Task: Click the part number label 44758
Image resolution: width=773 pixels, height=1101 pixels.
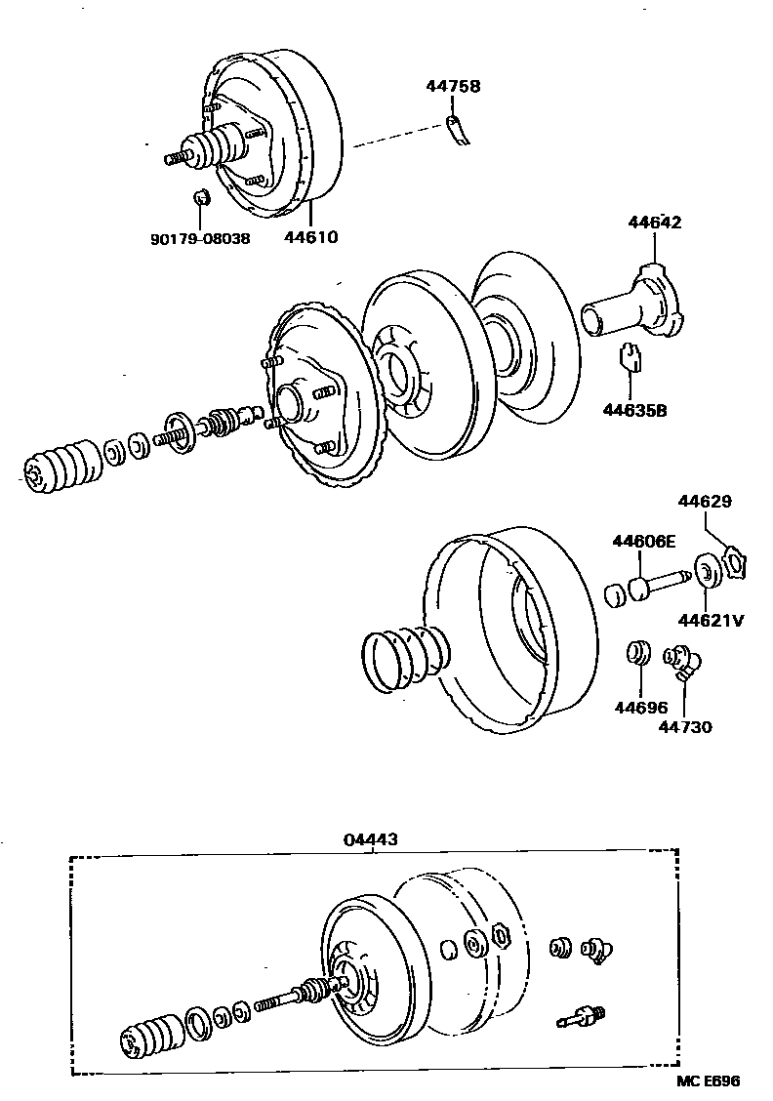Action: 452,87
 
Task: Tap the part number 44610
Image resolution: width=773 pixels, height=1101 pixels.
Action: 311,237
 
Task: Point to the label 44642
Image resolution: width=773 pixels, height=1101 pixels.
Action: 654,223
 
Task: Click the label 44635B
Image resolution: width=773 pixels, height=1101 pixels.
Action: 634,410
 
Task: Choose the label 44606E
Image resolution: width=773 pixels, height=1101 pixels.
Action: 644,542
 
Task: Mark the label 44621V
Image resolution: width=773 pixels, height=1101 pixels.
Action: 712,618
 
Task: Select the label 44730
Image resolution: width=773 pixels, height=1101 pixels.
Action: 684,726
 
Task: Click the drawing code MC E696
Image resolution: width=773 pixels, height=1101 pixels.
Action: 709,1081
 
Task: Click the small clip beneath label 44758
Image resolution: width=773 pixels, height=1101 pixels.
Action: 456,129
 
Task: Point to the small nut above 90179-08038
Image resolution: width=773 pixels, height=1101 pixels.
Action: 200,198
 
